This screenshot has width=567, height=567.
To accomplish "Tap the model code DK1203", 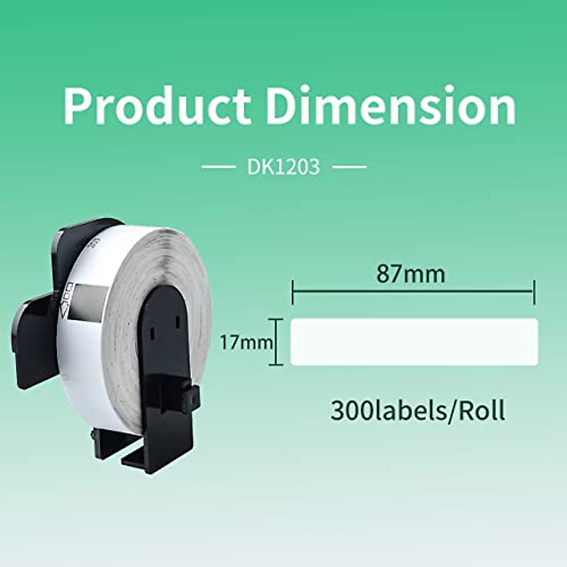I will [283, 167].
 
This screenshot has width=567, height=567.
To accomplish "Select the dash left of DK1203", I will [218, 167].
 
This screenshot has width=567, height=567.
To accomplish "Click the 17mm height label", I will [246, 342].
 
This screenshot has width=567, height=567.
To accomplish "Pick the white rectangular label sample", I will [414, 342].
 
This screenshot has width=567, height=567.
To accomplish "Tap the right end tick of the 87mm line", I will [534, 292].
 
